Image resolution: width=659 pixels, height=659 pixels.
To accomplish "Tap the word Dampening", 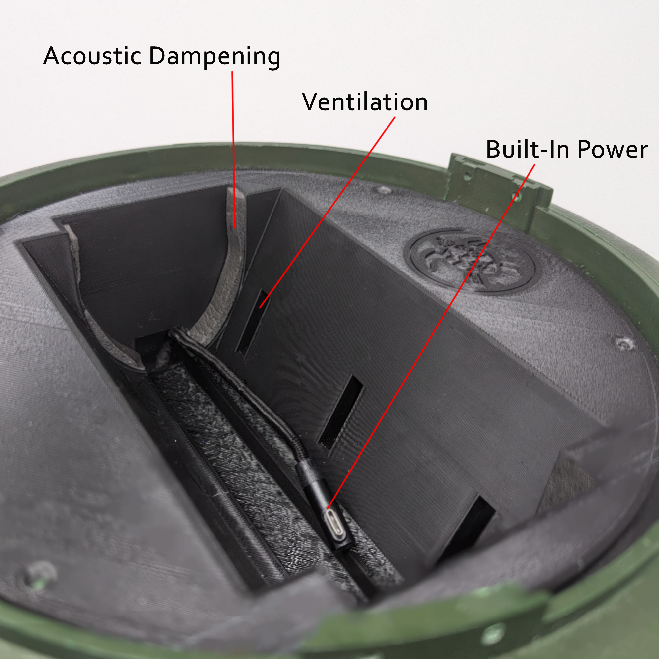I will [x=215, y=57].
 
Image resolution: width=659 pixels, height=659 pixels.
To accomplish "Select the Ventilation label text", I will [x=365, y=102].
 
